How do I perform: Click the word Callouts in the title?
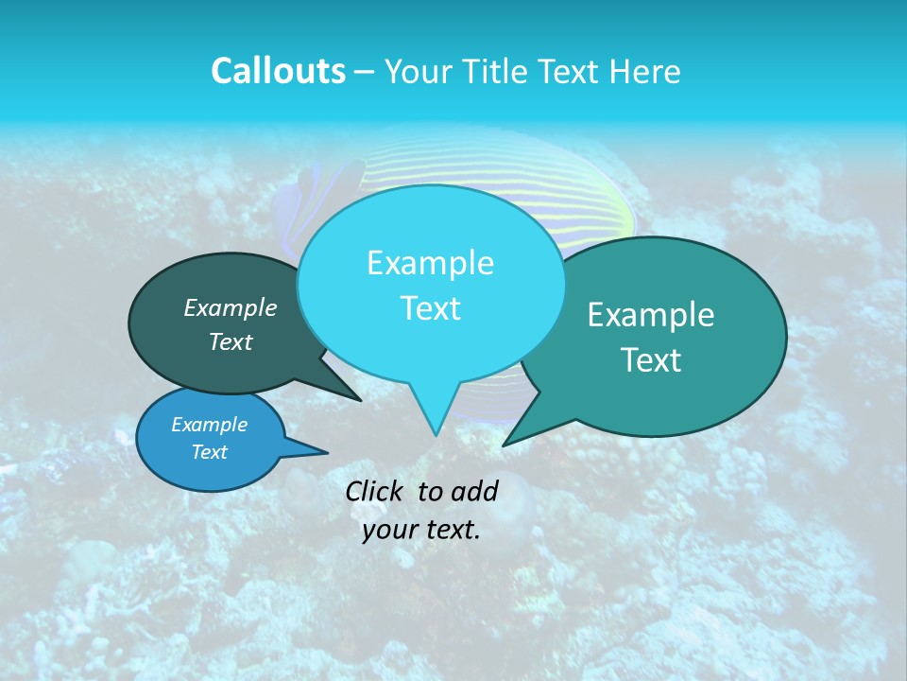[278, 72]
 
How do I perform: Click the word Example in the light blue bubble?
[430, 263]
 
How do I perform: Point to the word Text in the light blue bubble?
[430, 308]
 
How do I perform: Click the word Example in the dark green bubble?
[230, 307]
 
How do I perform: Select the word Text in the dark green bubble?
[230, 341]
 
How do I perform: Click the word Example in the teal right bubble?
[651, 315]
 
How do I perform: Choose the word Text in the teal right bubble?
[651, 360]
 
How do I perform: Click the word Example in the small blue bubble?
[209, 425]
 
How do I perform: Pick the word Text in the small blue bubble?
[209, 452]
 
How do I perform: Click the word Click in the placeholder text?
[374, 491]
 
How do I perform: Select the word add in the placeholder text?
[474, 491]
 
